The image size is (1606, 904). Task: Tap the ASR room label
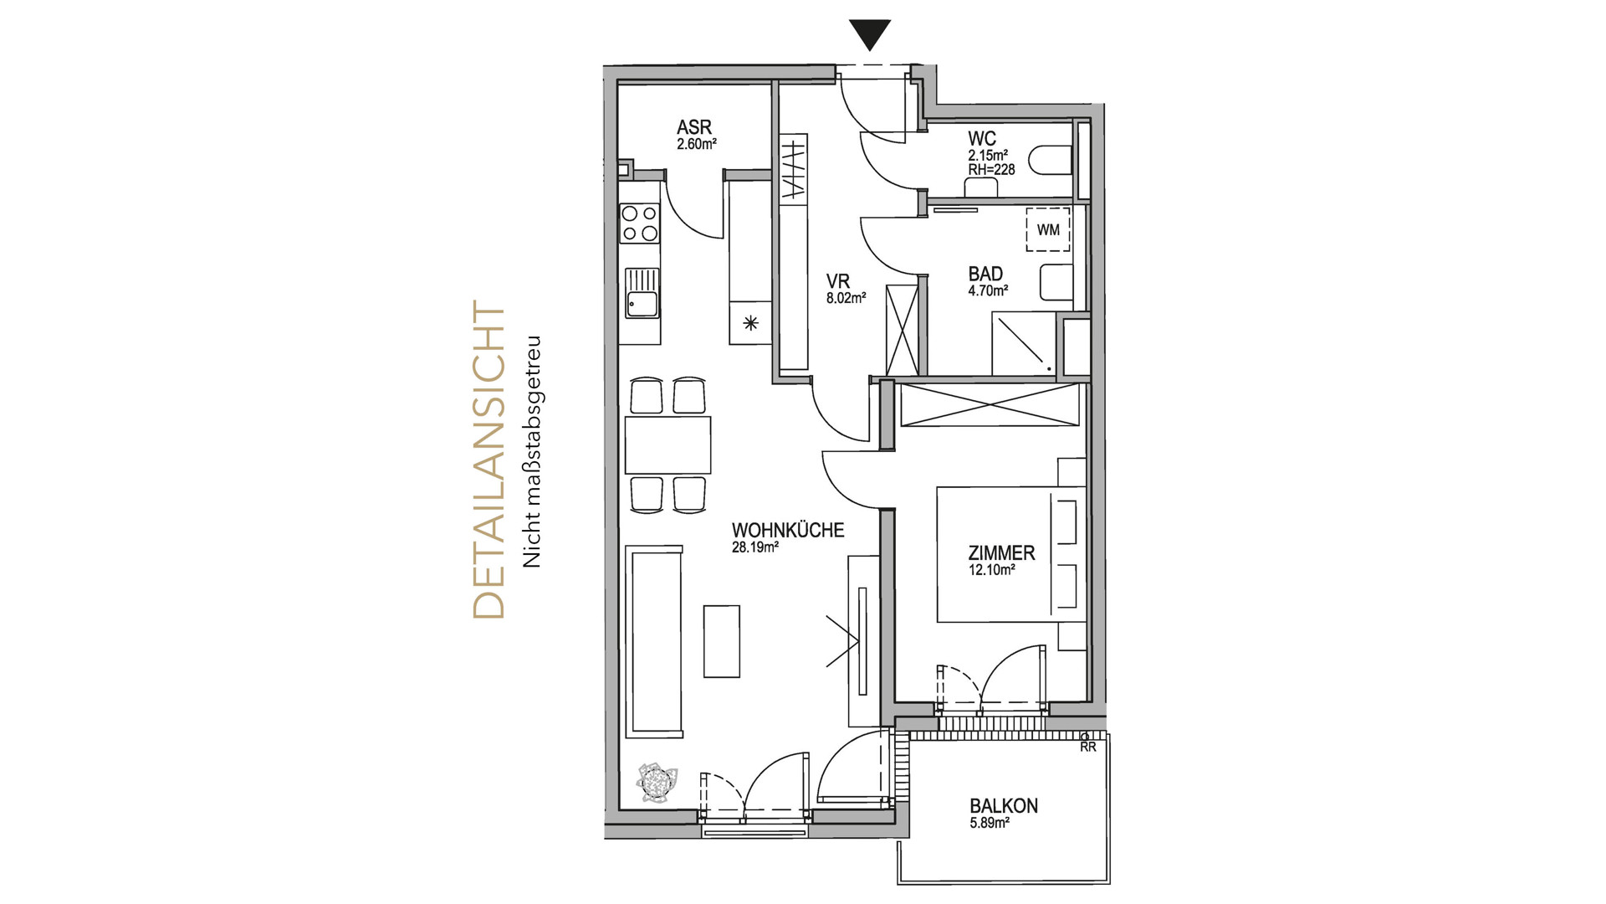pos(694,128)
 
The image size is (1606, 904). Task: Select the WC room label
pos(981,138)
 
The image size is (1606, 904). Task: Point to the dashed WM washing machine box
pos(1047,229)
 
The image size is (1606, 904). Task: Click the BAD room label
pos(985,275)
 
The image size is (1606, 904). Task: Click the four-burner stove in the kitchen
pos(639,223)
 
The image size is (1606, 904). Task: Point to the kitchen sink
pos(641,294)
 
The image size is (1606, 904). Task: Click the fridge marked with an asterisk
pos(750,323)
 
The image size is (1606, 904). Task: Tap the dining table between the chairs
pos(667,444)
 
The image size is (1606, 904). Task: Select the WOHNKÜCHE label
pos(787,531)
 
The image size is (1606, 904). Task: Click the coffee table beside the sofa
pos(721,640)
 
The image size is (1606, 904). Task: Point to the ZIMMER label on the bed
pos(1001,553)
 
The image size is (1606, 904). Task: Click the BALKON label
pos(1004,806)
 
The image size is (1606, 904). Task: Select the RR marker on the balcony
pos(1087,747)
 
